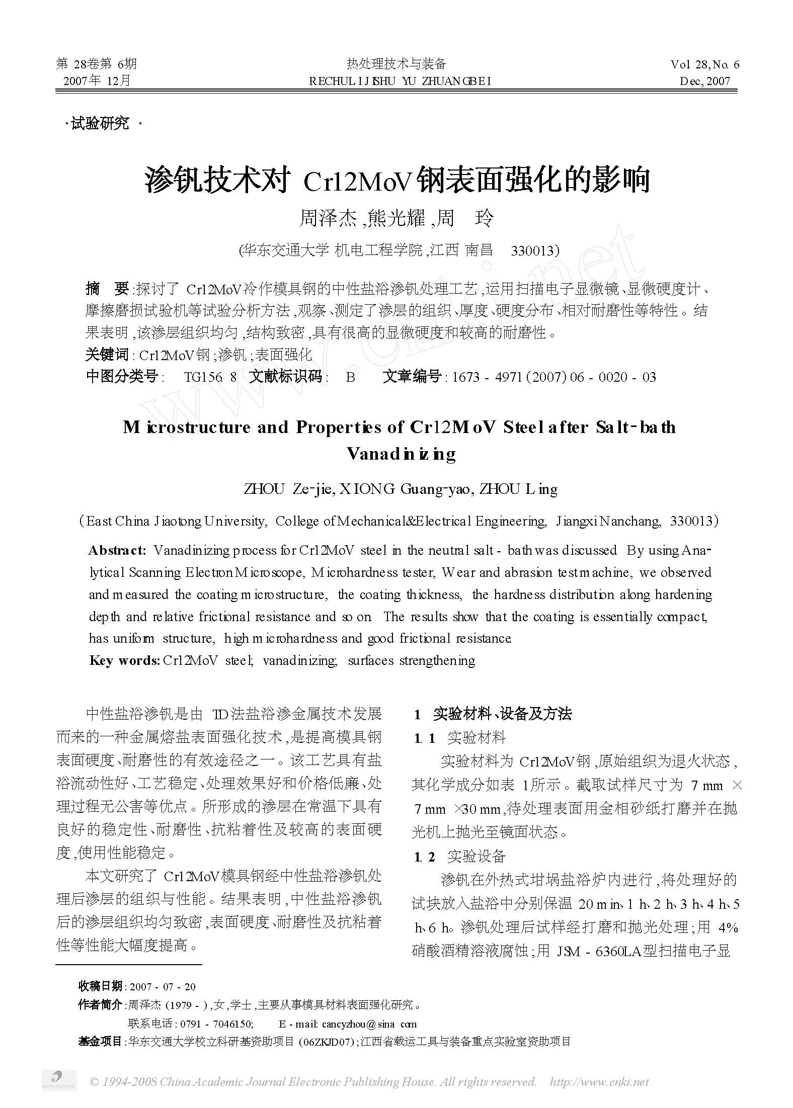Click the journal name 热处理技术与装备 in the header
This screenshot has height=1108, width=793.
click(396, 63)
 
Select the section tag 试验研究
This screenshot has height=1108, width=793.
click(100, 123)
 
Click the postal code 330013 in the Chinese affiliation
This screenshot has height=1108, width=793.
click(534, 250)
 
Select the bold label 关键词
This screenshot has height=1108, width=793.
click(107, 355)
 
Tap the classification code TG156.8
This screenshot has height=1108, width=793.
click(210, 377)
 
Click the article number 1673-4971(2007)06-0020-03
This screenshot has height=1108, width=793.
click(554, 377)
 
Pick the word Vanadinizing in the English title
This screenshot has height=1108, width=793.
click(401, 454)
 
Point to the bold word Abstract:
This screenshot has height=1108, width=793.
click(117, 550)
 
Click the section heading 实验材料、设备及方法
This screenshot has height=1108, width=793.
click(502, 714)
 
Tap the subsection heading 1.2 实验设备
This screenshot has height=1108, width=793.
click(460, 857)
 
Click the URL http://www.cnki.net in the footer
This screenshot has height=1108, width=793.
click(599, 1081)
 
